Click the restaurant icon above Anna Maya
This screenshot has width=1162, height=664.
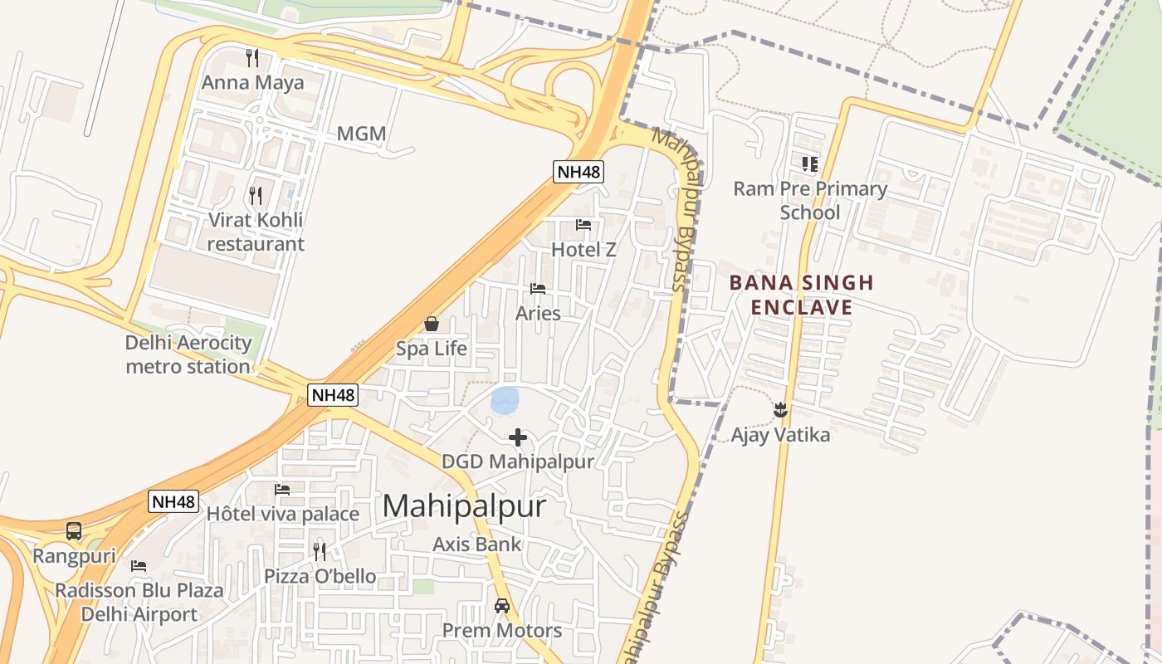[253, 58]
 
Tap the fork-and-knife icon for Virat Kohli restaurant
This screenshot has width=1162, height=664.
[256, 196]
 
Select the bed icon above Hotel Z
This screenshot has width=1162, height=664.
[583, 225]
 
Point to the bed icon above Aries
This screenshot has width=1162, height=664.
[538, 289]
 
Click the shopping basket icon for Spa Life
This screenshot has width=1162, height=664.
[432, 324]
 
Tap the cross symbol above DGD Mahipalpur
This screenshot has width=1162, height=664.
[518, 437]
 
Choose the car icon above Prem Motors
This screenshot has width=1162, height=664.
[502, 606]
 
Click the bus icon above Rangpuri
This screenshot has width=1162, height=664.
[74, 531]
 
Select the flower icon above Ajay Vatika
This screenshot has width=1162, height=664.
[780, 409]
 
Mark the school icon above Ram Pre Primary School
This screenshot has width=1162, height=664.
[810, 164]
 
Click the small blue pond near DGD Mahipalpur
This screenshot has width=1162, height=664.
[505, 400]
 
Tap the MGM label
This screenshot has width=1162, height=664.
[362, 134]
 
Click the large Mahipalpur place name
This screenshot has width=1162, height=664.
[465, 505]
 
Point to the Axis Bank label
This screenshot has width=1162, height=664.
[477, 544]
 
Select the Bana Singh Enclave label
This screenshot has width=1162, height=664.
[802, 295]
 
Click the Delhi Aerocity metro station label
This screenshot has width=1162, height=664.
[188, 354]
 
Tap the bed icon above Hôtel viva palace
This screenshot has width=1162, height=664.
[282, 490]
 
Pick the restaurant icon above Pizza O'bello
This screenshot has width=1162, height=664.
[320, 551]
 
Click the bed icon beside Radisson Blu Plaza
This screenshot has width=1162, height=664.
[139, 566]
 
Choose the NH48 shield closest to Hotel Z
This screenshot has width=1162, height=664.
[579, 172]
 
